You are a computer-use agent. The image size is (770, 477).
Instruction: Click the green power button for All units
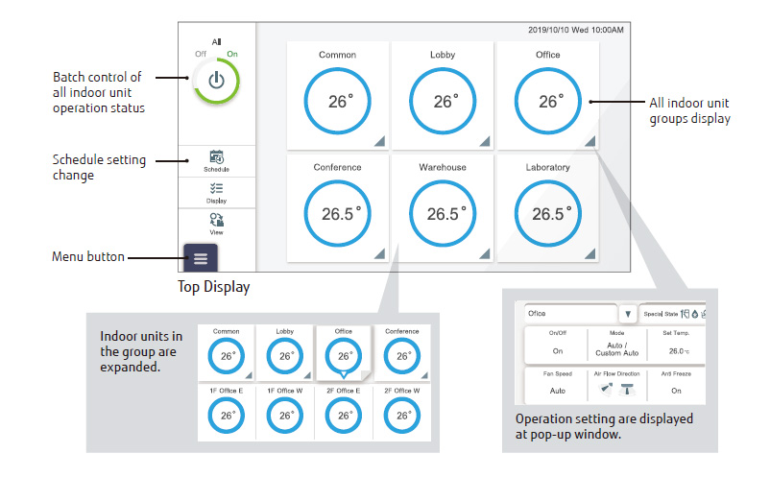216,81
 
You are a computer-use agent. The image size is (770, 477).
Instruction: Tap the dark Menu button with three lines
200,259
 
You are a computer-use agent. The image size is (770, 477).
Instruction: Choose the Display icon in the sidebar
216,192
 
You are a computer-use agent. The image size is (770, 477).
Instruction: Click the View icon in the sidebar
216,223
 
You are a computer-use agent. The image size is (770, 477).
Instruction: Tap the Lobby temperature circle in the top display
443,101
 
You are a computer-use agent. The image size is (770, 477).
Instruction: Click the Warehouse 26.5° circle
443,213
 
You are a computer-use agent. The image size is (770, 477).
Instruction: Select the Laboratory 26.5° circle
547,213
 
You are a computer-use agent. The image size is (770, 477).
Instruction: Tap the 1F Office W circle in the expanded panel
285,415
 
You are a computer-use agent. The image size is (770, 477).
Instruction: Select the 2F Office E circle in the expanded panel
344,415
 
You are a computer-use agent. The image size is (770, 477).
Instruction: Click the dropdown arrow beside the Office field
627,313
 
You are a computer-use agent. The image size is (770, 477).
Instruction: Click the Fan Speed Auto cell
557,391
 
